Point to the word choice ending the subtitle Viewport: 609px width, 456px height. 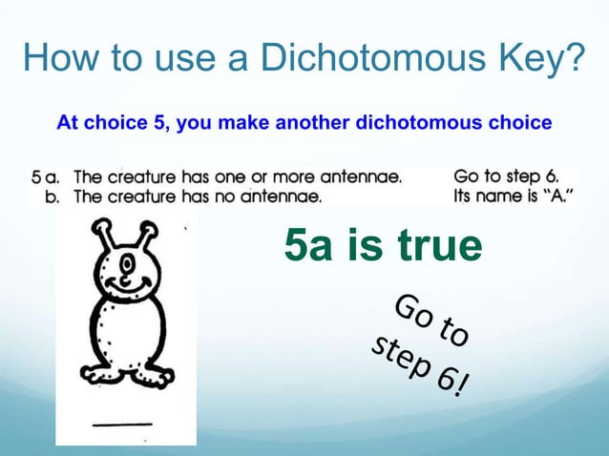514,123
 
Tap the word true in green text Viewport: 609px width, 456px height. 434,246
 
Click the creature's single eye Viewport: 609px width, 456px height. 124,264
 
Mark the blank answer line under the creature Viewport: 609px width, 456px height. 122,421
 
